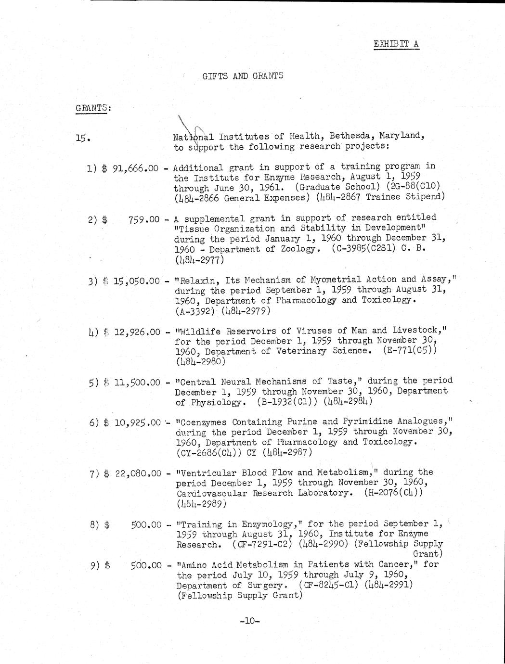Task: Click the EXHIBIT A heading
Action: pos(396,44)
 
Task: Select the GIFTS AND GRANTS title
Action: pos(243,76)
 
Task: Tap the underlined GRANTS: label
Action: pos(93,108)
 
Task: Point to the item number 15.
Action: pos(82,139)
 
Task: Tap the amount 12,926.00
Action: pos(137,332)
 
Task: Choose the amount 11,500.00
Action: pos(137,383)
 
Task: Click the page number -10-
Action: pos(249,621)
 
